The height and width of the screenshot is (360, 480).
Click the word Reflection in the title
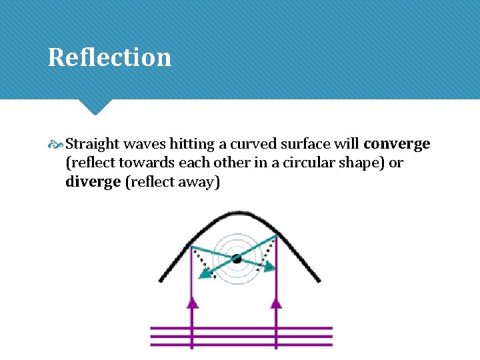tap(109, 57)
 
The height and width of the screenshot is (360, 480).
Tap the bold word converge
tap(397, 143)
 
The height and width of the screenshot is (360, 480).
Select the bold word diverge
tap(93, 181)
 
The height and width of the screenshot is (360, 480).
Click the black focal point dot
tap(237, 257)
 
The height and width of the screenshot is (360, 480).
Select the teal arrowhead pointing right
tap(268, 266)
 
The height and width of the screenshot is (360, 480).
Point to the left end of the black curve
tap(161, 279)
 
